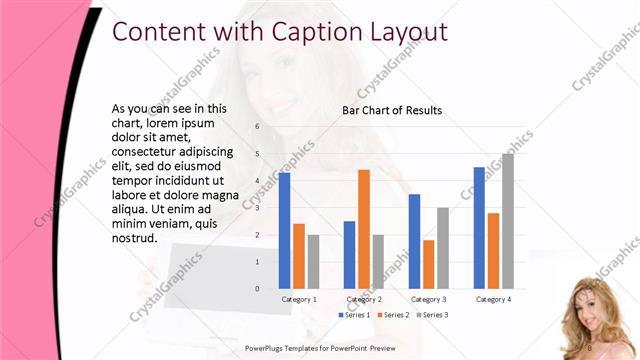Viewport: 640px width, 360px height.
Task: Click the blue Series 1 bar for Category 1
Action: [x=284, y=230]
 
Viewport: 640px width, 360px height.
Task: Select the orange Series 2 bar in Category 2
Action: [x=364, y=229]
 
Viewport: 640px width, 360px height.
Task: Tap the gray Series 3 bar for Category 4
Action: [x=508, y=221]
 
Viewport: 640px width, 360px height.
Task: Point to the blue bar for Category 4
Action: [x=479, y=228]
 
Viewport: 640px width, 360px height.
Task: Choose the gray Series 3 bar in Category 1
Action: [x=313, y=262]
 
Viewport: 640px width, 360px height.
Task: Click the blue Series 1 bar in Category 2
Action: [x=349, y=255]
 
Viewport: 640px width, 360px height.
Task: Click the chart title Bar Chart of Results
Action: [x=392, y=111]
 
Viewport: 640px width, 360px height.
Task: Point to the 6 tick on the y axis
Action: [x=257, y=127]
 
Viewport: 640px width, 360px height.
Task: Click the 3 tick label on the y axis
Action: [x=257, y=208]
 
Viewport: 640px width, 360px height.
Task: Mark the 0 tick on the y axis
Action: [x=257, y=289]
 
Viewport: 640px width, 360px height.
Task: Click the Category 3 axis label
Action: [x=429, y=299]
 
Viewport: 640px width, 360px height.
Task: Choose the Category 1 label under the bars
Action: [x=299, y=299]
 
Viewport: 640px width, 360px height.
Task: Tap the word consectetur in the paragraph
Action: [x=148, y=151]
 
